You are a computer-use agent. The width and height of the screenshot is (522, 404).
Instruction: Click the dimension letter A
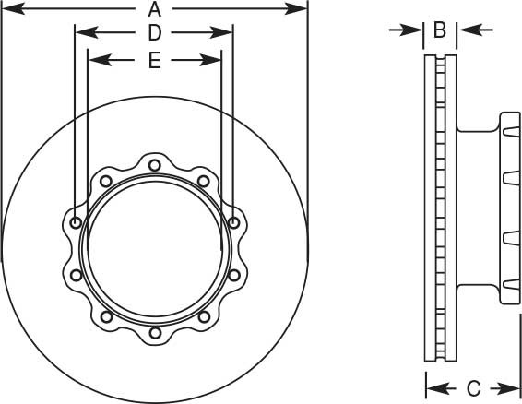click(155, 10)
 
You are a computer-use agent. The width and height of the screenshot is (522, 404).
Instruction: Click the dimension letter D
click(155, 33)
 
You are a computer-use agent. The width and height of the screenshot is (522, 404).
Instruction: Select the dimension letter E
click(155, 61)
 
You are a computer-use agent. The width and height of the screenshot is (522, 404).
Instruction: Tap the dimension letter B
click(440, 30)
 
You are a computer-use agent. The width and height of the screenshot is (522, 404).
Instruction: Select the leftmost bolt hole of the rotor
click(75, 222)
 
